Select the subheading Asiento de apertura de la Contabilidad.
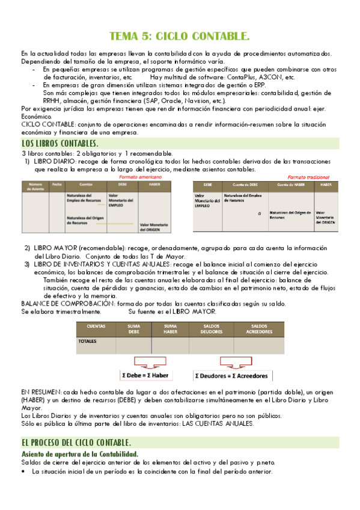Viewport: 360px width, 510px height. (79, 453)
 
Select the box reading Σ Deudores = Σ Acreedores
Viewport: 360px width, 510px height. (230, 375)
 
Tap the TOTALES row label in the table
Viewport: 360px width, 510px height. (88, 341)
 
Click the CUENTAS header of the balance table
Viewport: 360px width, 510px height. (96, 328)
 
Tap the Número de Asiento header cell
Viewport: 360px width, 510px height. (35, 187)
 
